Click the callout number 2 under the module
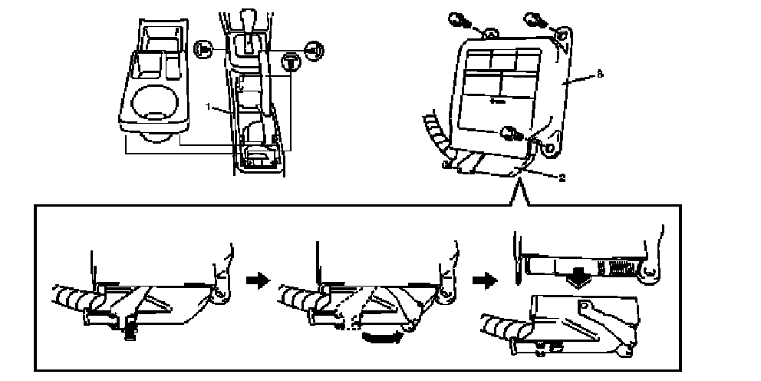pyautogui.click(x=562, y=177)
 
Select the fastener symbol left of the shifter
pyautogui.click(x=203, y=50)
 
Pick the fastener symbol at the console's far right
pyautogui.click(x=315, y=50)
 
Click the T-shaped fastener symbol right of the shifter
pyautogui.click(x=291, y=61)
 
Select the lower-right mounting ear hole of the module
pyautogui.click(x=551, y=145)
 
